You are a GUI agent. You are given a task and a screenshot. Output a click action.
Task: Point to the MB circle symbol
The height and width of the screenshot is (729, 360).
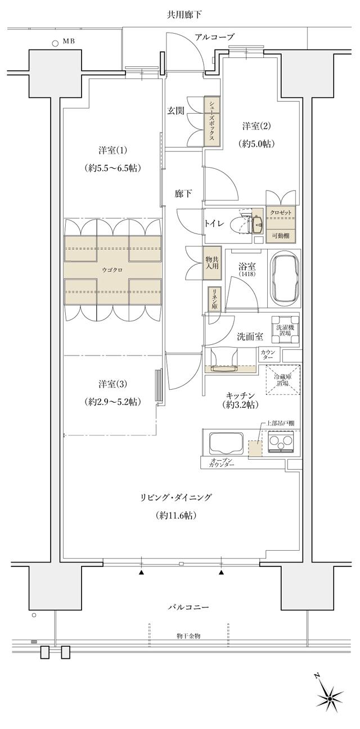[x=55, y=42]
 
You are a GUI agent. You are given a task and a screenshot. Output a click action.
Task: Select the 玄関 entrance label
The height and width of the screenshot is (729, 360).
[x=175, y=111]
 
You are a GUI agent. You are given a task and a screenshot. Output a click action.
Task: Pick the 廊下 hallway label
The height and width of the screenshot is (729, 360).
[x=183, y=194]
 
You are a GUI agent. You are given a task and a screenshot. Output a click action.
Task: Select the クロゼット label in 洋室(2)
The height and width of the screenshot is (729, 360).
[x=281, y=213]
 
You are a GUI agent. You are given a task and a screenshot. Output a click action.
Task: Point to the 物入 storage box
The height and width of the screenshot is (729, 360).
[x=211, y=262]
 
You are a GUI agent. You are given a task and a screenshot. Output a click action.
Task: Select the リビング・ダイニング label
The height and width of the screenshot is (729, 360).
[x=176, y=498]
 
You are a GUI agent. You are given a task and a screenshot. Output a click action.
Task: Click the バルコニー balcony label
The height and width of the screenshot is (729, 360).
[x=189, y=607]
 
